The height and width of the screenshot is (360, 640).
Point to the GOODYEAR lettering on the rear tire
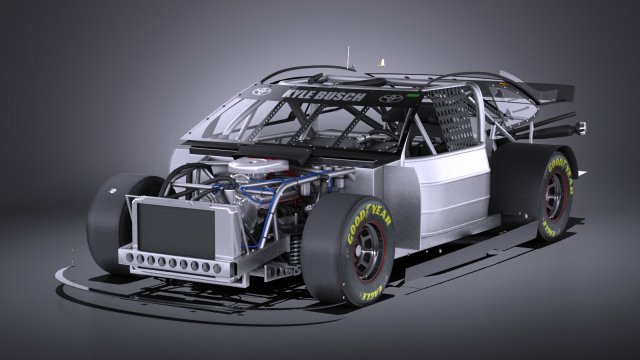pyautogui.click(x=564, y=176)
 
